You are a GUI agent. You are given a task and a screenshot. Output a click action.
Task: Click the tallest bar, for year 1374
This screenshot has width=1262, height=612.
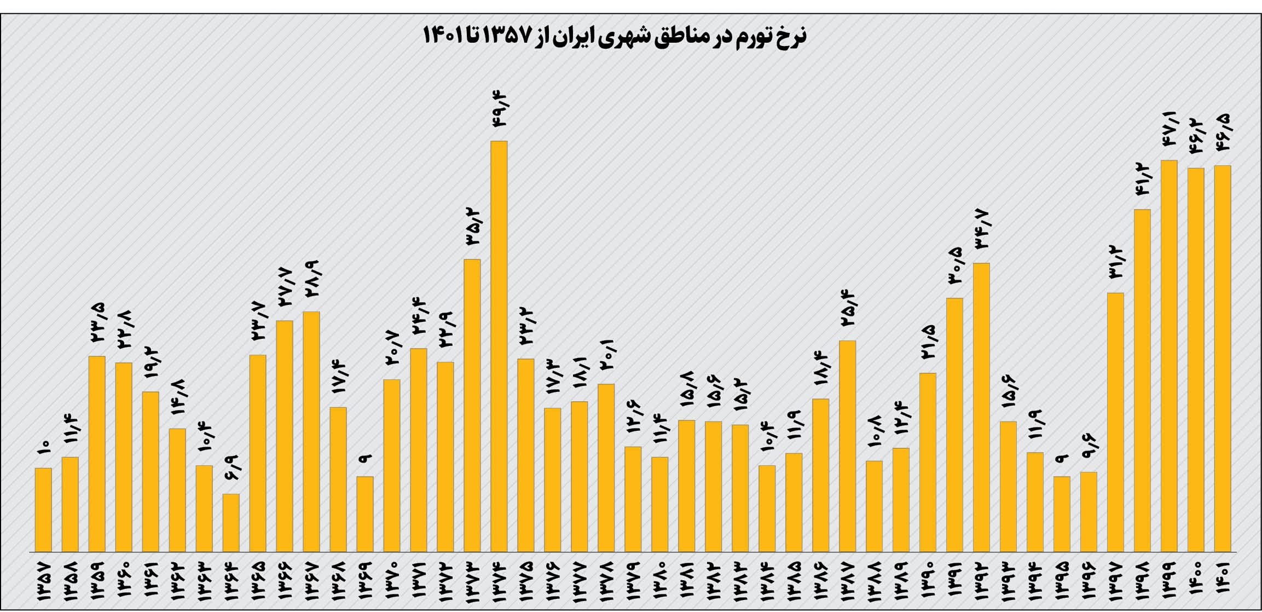click(499, 346)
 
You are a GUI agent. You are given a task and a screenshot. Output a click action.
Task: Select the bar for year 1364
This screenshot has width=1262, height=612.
click(231, 522)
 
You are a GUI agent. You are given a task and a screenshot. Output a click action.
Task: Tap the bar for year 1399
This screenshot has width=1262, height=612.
click(1169, 356)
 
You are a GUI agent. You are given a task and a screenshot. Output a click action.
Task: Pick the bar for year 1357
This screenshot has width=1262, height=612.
click(43, 509)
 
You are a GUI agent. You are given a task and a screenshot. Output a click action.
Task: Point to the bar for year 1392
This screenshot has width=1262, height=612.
click(981, 407)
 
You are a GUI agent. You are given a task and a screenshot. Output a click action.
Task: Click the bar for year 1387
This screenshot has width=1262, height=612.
click(847, 446)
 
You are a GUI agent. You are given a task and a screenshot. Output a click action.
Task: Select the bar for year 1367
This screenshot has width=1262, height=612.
click(311, 431)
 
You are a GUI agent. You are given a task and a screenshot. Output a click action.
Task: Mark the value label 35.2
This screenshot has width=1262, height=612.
click(473, 226)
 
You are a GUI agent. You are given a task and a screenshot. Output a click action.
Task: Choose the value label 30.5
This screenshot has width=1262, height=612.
click(954, 265)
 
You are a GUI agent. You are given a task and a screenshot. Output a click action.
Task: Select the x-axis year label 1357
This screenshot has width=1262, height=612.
click(43, 582)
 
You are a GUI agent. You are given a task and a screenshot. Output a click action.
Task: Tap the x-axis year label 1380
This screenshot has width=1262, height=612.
click(660, 582)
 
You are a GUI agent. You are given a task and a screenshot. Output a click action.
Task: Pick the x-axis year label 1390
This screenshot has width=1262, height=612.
click(928, 582)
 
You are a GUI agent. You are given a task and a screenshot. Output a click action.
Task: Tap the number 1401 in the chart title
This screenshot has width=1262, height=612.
click(442, 36)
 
